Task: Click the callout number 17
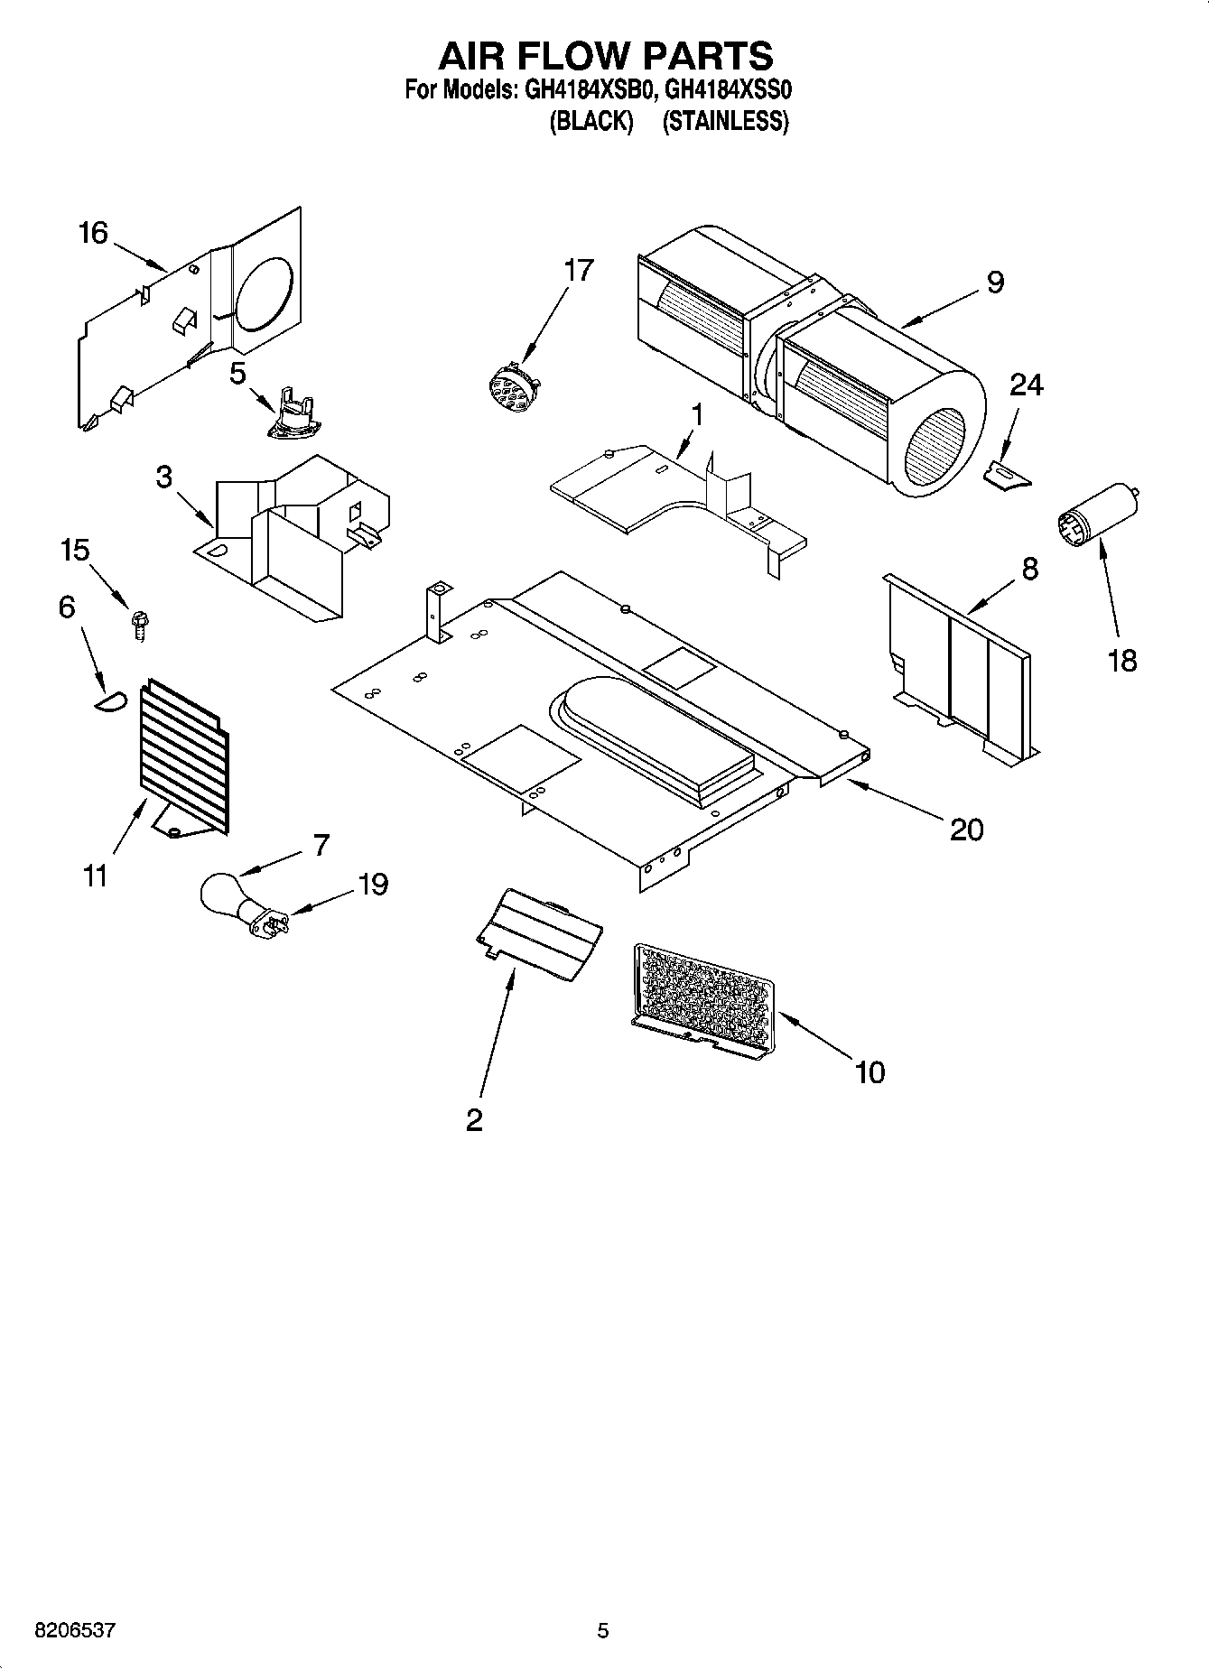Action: (579, 269)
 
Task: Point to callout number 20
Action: (966, 829)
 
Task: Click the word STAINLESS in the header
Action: (725, 122)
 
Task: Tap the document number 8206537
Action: (75, 1630)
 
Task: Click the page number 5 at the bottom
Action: (603, 1630)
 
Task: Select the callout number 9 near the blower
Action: (994, 283)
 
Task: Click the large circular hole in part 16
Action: (265, 294)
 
